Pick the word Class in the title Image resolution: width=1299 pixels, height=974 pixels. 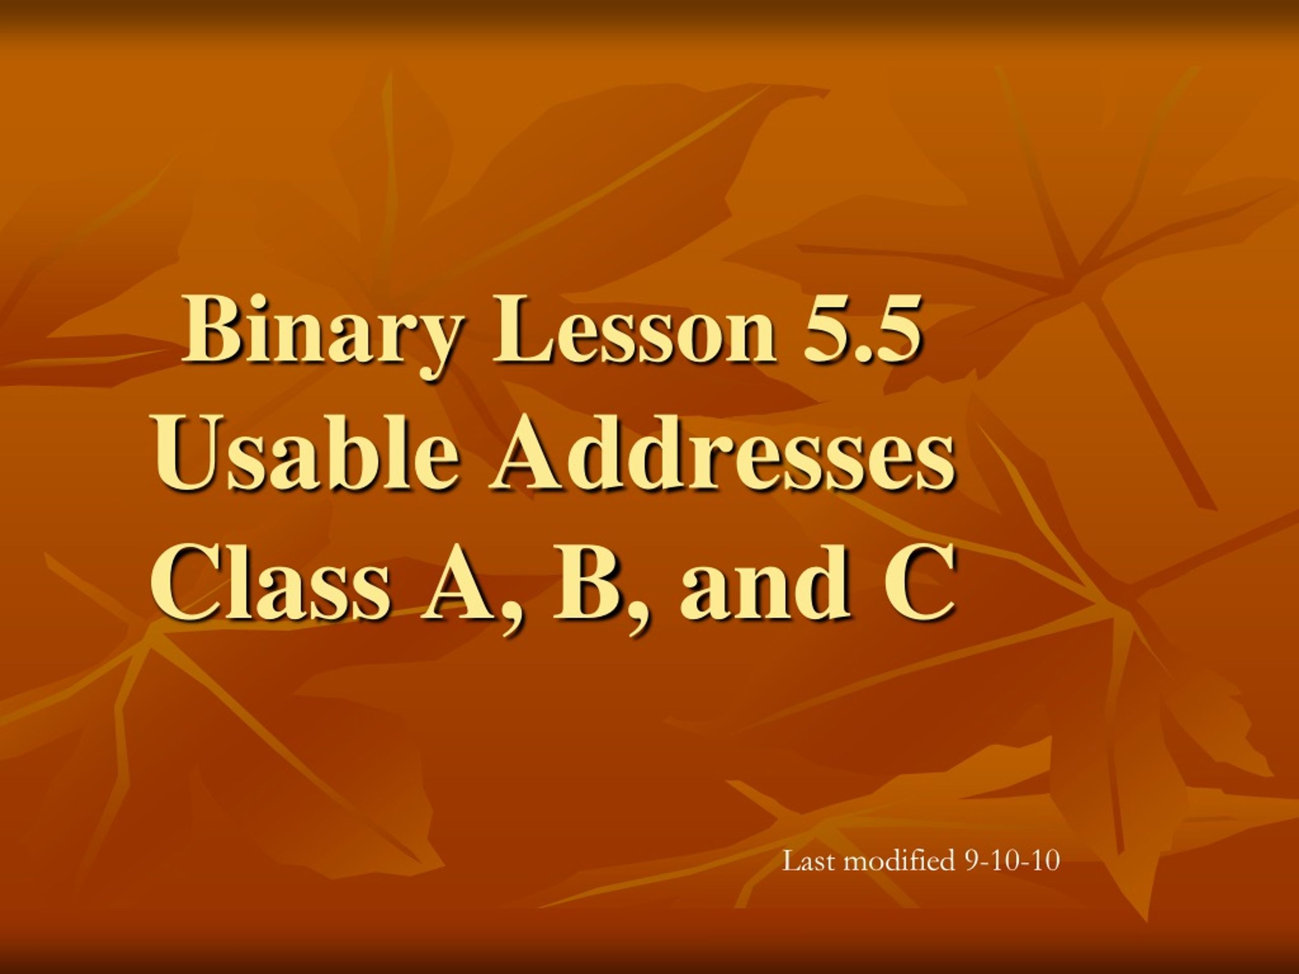(x=270, y=585)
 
